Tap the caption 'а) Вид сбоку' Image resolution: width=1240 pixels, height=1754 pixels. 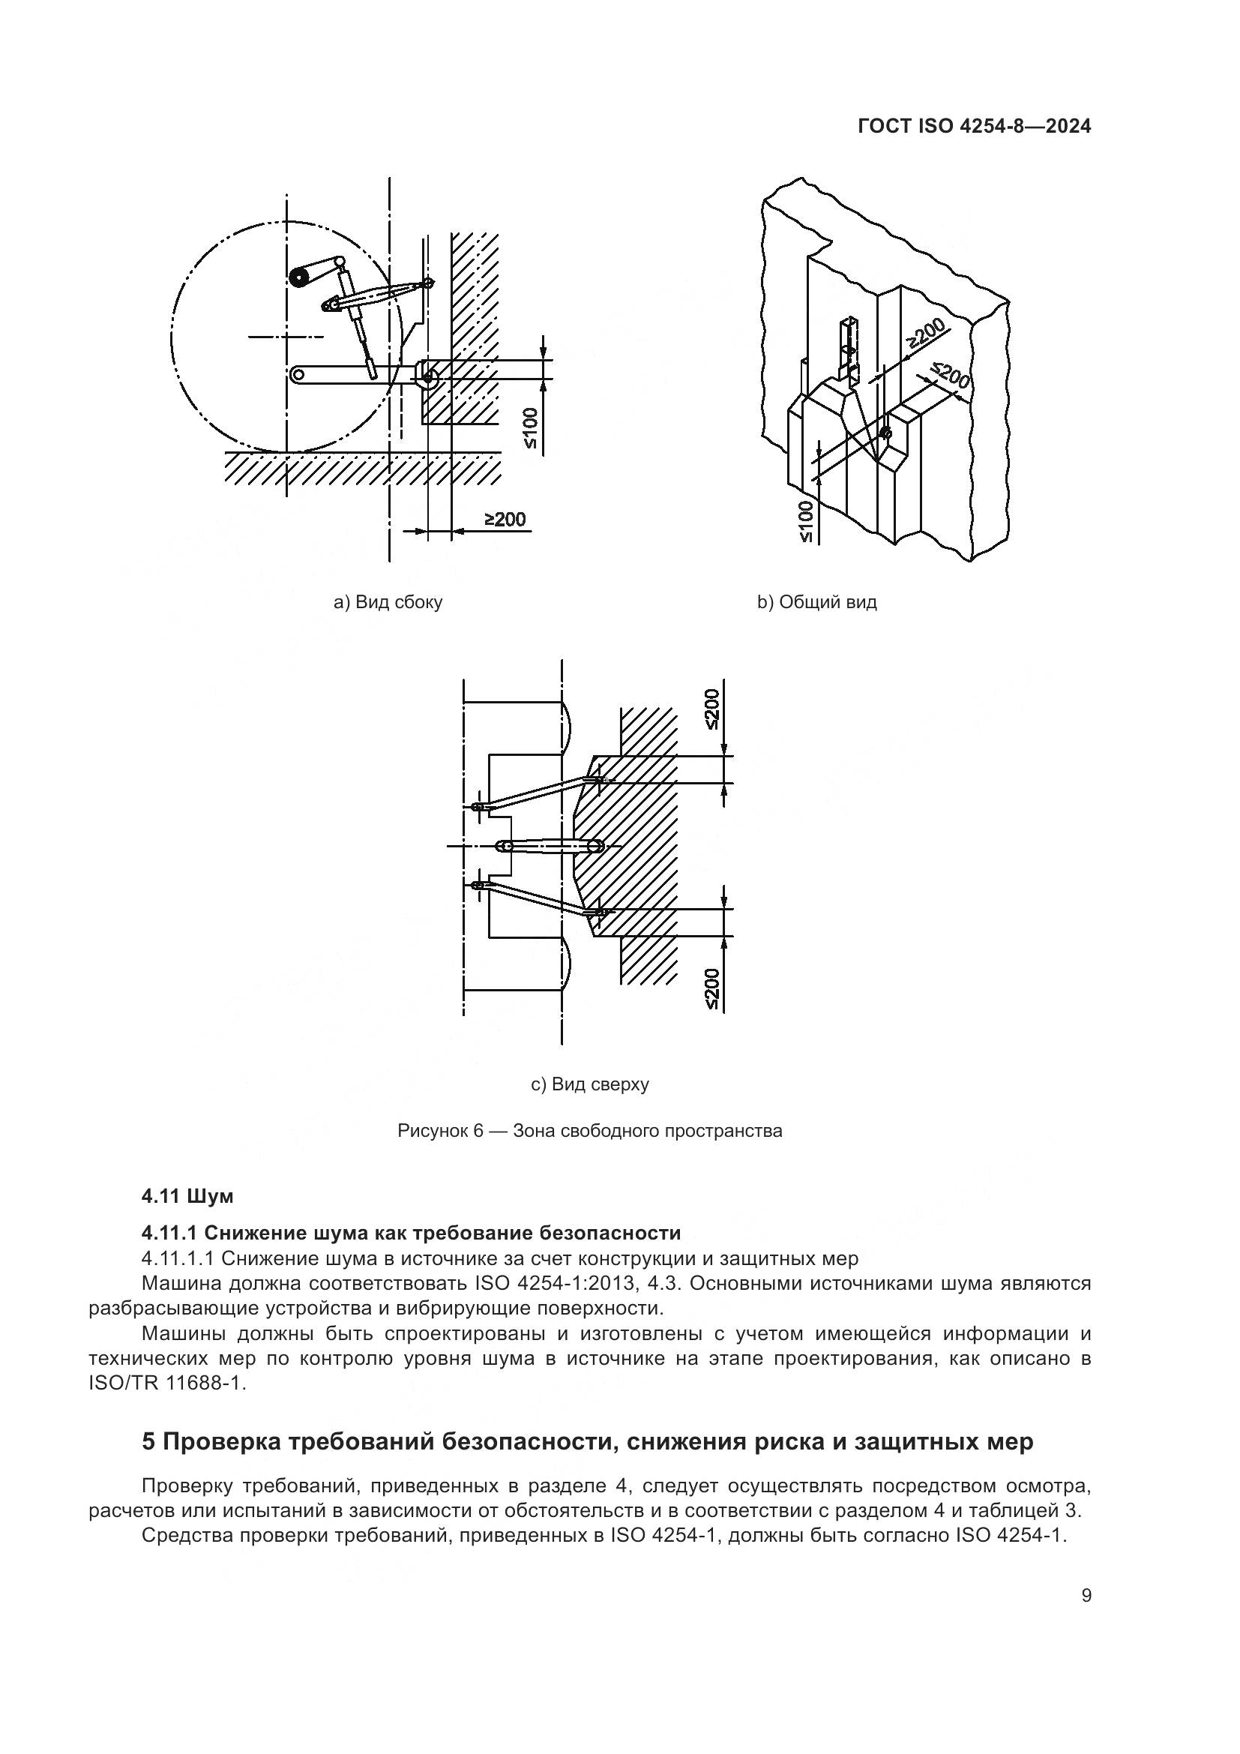388,603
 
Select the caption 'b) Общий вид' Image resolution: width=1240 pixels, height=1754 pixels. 816,603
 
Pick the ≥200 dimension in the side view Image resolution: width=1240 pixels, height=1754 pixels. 505,520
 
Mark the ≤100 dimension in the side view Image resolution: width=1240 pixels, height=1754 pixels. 531,427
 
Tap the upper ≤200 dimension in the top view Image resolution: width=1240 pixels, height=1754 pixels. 711,709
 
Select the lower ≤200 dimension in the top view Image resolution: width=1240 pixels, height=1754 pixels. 711,989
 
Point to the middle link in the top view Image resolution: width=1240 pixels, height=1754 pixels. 550,847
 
